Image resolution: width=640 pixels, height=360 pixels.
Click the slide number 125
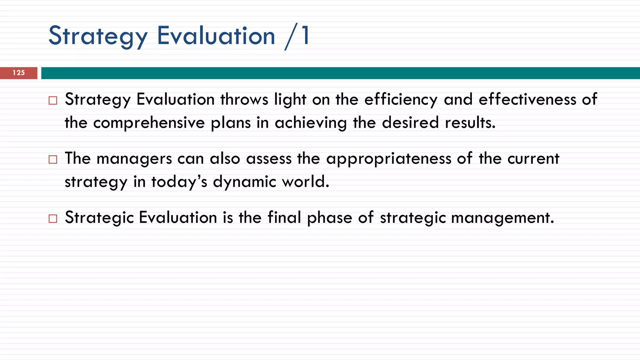point(19,73)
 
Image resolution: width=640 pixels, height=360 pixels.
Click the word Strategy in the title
point(98,36)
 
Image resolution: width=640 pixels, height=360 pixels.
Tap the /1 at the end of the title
point(297,36)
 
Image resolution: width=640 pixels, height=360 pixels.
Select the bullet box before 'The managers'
point(53,159)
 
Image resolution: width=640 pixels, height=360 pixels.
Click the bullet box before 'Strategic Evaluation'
point(53,218)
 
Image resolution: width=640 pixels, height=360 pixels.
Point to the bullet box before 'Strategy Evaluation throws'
point(53,100)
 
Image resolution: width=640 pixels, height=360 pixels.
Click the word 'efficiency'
point(401,100)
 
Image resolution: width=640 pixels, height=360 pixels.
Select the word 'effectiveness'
point(527,100)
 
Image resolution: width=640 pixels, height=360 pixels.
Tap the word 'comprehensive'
point(149,123)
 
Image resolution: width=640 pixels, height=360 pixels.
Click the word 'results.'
point(470,123)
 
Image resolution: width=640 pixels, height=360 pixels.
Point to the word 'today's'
point(179,182)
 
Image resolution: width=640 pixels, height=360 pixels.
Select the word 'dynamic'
point(244,182)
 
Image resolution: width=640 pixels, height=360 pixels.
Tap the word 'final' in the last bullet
point(284,217)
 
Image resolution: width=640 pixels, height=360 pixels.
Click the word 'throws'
point(244,100)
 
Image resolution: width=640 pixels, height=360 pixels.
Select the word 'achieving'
point(311,123)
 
